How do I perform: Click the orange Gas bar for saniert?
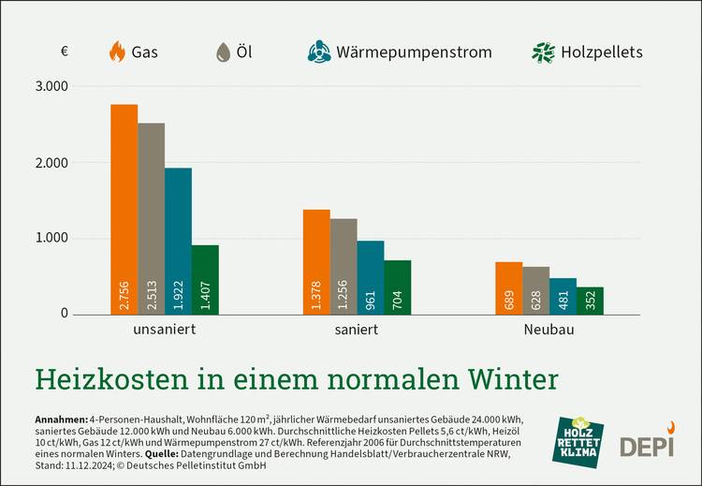tap(316, 261)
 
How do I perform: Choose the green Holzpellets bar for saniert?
tap(398, 287)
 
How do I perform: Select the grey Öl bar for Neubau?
tap(535, 289)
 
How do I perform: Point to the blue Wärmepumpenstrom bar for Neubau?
tap(563, 295)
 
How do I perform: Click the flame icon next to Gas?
tap(118, 52)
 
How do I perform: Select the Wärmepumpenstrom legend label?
tap(414, 52)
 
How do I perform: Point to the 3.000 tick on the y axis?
tap(51, 87)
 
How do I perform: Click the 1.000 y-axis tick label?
tap(51, 238)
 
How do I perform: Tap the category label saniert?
tap(356, 331)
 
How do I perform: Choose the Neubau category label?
tap(548, 331)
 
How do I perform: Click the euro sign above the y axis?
tap(64, 52)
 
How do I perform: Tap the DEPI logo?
tap(647, 442)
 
